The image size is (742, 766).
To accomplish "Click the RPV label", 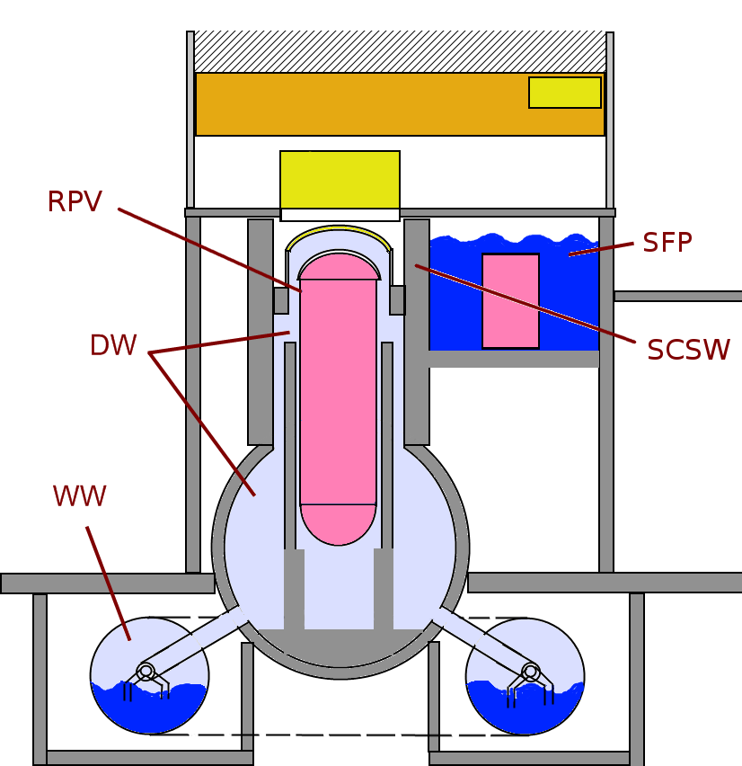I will click(x=75, y=202).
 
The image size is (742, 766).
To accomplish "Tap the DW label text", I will click(x=112, y=346).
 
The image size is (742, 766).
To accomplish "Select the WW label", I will click(x=79, y=496).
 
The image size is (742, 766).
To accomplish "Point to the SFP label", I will click(x=667, y=243).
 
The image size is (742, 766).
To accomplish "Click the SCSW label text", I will click(x=688, y=350).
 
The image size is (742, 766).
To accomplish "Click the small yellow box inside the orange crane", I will click(x=564, y=93).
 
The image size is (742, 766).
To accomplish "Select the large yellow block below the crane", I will click(x=340, y=180).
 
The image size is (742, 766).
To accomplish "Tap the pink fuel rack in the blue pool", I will click(x=510, y=300).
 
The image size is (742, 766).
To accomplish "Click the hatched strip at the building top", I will click(x=400, y=51).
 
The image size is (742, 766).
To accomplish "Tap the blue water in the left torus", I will click(x=149, y=710).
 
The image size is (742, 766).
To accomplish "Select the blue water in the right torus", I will click(x=525, y=710).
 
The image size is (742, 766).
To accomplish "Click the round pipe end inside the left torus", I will click(x=146, y=672).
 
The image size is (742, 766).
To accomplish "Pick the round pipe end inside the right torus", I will click(x=530, y=672).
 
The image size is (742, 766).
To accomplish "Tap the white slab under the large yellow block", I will click(x=340, y=215).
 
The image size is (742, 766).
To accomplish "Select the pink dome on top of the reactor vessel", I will click(x=339, y=266).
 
